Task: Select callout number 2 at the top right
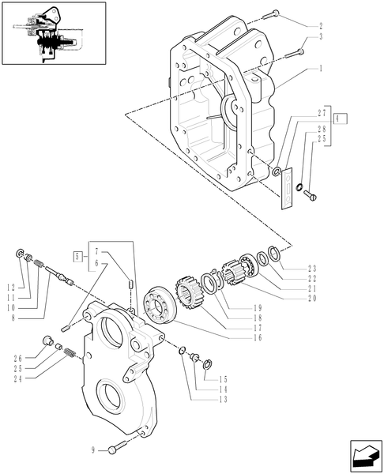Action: point(321,26)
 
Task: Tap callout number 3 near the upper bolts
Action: point(321,37)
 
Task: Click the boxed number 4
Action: point(341,118)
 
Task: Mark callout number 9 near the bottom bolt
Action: point(93,450)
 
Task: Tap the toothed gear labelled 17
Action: point(185,301)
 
